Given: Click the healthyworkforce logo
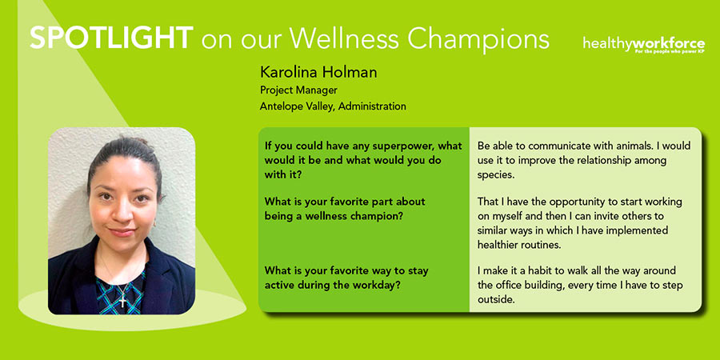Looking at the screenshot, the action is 644,45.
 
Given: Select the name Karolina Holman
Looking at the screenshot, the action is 318,72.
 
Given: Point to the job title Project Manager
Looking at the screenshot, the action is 298,90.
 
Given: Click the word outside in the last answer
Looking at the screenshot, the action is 494,299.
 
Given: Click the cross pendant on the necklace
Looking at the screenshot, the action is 122,302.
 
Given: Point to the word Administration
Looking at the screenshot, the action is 372,106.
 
